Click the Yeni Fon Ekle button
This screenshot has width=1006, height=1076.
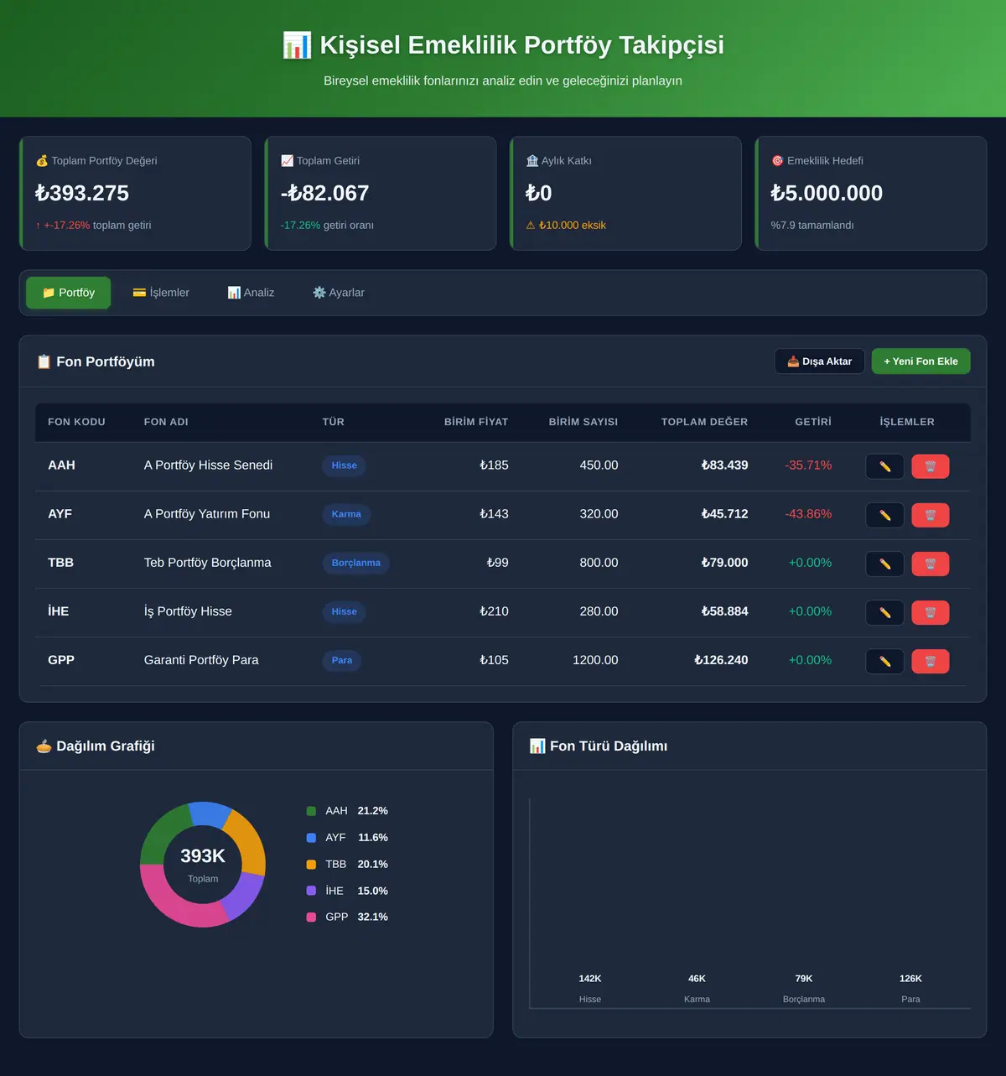point(920,361)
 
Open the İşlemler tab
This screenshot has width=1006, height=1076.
point(161,293)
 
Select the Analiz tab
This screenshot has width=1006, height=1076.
point(251,293)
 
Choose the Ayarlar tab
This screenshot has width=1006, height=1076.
point(339,293)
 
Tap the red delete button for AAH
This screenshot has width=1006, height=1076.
point(931,466)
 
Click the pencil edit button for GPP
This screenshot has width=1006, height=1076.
point(884,661)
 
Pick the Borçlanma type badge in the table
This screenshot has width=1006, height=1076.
point(356,563)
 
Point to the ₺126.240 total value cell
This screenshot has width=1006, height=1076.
point(721,660)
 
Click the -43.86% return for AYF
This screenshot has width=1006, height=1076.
point(808,513)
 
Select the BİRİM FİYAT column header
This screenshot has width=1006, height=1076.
point(476,422)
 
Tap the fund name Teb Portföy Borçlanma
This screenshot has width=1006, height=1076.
point(207,563)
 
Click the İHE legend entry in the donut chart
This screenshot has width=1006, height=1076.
point(347,890)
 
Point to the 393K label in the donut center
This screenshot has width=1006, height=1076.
point(203,855)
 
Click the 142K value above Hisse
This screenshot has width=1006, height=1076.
point(590,979)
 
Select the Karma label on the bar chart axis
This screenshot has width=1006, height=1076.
point(697,999)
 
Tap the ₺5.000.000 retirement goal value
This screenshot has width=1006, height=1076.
point(826,193)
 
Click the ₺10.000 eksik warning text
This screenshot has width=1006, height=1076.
point(572,226)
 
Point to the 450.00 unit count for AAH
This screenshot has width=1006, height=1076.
point(599,465)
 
